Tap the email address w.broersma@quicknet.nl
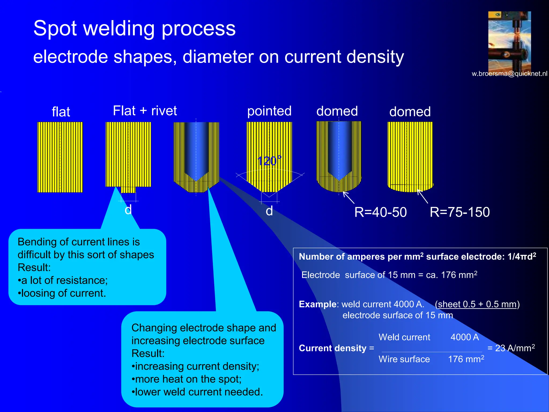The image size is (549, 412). coord(509,74)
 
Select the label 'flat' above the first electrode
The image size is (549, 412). coord(61,112)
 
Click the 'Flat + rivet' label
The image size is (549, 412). coord(145,111)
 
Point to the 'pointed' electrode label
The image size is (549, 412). coord(269,111)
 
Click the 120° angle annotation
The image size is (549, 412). coord(269,161)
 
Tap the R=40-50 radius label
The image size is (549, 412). coord(380,212)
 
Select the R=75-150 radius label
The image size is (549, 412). coord(459,212)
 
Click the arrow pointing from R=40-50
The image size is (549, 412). coord(348,197)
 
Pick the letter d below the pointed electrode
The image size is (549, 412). coord(269,211)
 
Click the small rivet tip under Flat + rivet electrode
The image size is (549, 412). coord(128,190)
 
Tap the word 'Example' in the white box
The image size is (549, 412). coord(317,304)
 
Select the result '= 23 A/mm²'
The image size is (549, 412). coord(511,348)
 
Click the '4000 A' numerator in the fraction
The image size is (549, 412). coord(465,337)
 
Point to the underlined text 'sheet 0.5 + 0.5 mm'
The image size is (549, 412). coord(477,304)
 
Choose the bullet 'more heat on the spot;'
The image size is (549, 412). coord(187,379)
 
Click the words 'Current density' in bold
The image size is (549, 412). coord(332,348)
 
